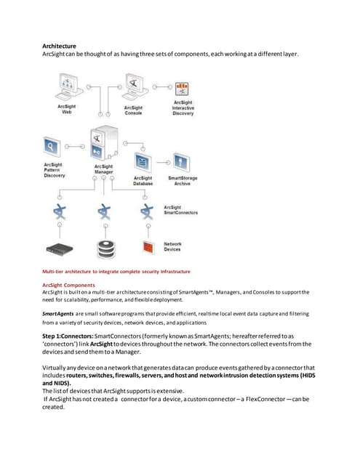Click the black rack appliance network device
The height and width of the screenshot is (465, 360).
click(x=60, y=248)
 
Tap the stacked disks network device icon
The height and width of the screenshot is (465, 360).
click(x=105, y=248)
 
